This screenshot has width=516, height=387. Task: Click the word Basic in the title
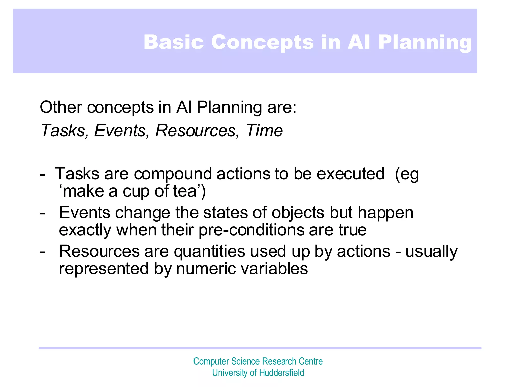pos(173,42)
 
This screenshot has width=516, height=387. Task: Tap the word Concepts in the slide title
pos(262,42)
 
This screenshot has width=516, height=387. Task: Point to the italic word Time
pos(264,131)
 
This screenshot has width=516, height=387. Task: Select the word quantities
pos(209,251)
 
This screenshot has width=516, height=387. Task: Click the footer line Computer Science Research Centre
pos(258,361)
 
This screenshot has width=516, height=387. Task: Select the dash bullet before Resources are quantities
pos(42,252)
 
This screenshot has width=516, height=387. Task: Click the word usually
pos(431,251)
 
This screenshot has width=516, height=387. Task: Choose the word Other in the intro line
pos(61,107)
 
